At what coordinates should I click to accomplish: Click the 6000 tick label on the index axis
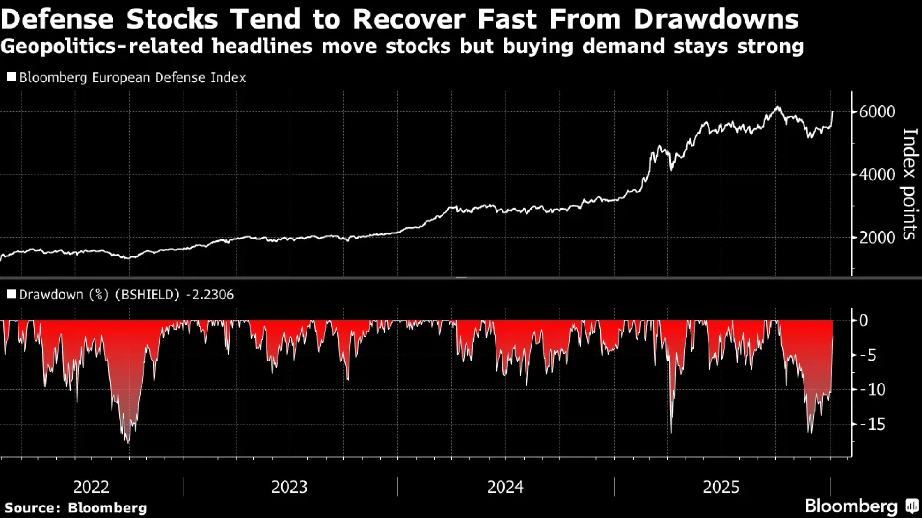(877, 112)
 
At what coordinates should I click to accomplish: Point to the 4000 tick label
(877, 175)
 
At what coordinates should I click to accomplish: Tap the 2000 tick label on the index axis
(877, 238)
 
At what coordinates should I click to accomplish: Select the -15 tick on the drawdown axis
(873, 424)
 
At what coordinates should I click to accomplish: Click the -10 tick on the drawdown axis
(873, 390)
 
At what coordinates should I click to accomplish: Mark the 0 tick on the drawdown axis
(863, 320)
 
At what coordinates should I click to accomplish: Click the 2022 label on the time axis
(91, 487)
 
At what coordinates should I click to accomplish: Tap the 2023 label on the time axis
(289, 487)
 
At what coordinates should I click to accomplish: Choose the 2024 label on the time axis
(505, 487)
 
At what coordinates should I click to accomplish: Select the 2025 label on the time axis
(721, 487)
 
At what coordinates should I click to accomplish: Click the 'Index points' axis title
(909, 184)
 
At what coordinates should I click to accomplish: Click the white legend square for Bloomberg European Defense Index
(12, 77)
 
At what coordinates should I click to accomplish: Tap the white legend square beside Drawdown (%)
(12, 294)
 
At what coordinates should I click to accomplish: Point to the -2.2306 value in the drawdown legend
(210, 295)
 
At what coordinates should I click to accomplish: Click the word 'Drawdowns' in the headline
(716, 19)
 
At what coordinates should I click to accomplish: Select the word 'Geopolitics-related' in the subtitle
(101, 47)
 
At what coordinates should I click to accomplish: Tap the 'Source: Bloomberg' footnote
(76, 508)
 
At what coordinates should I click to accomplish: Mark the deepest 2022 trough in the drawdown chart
(128, 443)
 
